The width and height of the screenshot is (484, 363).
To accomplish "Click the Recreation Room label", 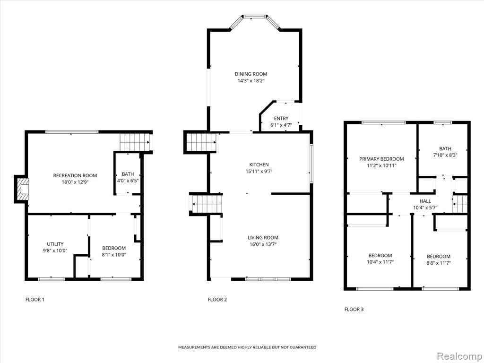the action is click(75, 175).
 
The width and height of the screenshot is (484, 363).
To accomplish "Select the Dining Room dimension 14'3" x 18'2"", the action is click(251, 81).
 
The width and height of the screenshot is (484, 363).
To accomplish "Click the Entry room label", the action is click(281, 118).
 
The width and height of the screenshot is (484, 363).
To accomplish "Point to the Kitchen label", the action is click(259, 164).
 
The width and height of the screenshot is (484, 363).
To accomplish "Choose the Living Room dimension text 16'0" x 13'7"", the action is click(263, 244).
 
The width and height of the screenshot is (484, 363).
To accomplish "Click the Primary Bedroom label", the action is click(381, 159).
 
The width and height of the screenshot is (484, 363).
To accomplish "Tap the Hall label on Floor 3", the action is click(425, 201).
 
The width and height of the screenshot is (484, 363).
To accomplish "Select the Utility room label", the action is click(55, 244).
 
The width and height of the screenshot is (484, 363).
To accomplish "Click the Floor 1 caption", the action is click(35, 299).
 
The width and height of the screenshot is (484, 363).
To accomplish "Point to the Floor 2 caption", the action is click(217, 299).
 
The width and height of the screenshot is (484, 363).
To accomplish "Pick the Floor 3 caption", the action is click(354, 309).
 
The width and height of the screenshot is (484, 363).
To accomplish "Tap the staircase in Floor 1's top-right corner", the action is click(134, 142).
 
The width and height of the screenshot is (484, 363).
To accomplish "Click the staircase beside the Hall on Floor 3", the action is click(460, 204).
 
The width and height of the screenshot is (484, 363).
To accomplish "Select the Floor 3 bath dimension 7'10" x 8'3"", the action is click(445, 155).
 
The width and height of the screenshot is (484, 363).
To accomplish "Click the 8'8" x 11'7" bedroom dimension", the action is click(438, 263).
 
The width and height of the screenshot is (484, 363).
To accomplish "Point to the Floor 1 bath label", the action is click(128, 174).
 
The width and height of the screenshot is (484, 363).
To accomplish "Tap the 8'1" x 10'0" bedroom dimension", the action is click(114, 255).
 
